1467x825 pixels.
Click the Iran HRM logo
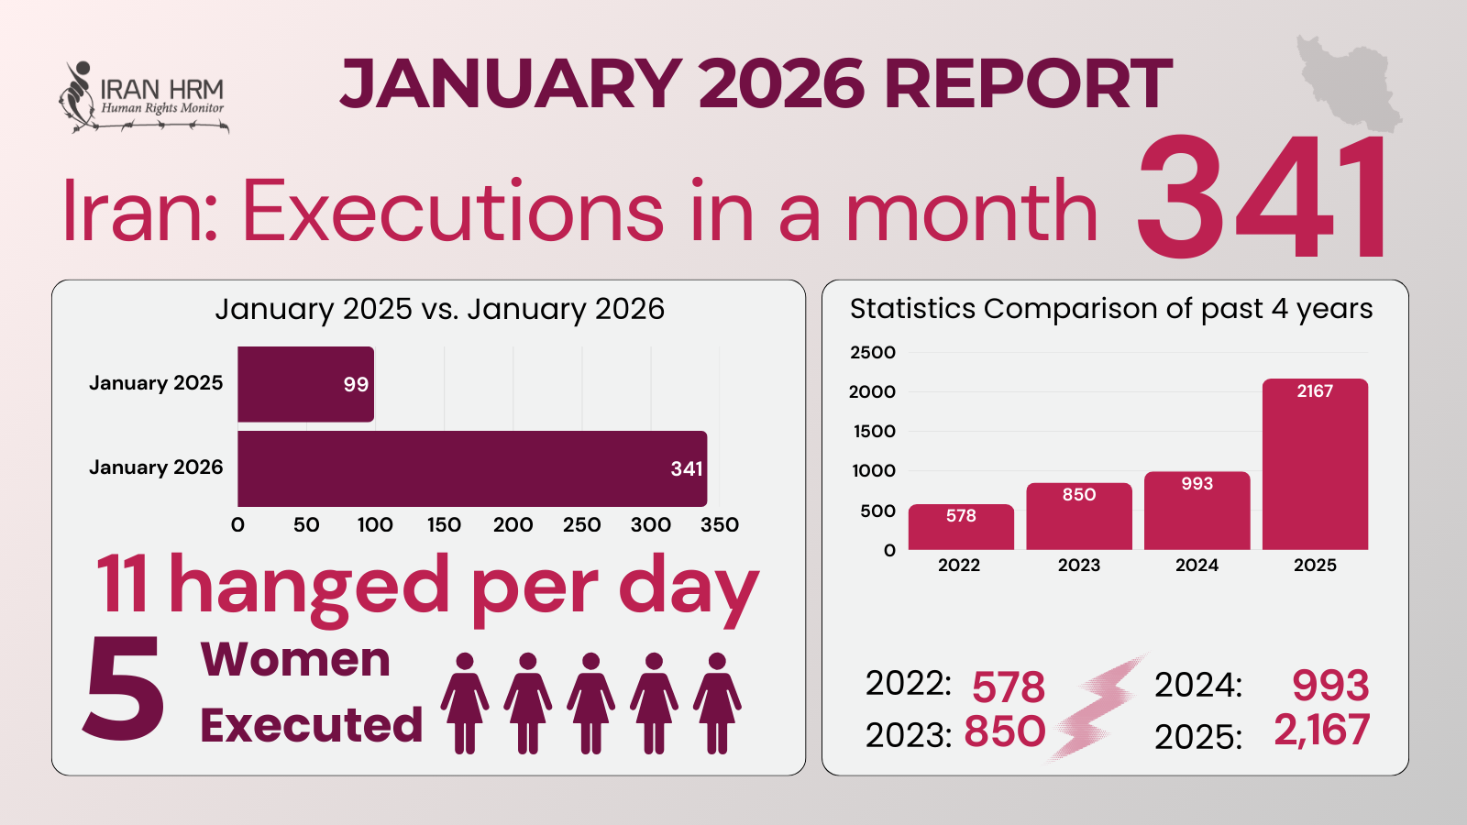143,97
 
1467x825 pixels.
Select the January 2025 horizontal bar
305,384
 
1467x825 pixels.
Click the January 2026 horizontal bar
471,468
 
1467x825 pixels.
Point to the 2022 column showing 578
961,527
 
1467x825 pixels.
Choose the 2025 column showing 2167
1315,464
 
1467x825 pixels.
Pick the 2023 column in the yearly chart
1079,516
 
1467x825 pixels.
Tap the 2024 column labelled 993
1197,511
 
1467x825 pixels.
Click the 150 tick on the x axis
444,525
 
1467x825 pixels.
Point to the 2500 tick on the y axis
872,353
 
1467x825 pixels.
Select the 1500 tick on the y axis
872,432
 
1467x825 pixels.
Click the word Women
295,660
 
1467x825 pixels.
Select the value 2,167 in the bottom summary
1321,731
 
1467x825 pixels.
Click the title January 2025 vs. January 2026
439,309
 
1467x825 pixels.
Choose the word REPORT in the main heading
1028,83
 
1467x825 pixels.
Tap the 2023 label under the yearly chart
1079,566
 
